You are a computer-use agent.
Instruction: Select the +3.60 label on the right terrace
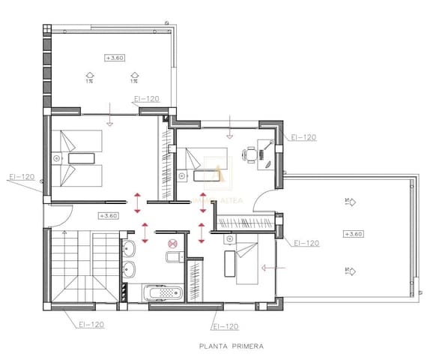click(x=354, y=234)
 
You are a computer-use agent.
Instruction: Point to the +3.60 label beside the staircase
click(x=109, y=216)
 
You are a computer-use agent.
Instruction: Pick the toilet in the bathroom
click(x=172, y=259)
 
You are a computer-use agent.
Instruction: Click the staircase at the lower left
click(x=83, y=266)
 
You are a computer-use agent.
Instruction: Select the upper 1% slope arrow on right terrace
click(x=349, y=200)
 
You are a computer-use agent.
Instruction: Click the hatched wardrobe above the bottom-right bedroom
click(x=246, y=222)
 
